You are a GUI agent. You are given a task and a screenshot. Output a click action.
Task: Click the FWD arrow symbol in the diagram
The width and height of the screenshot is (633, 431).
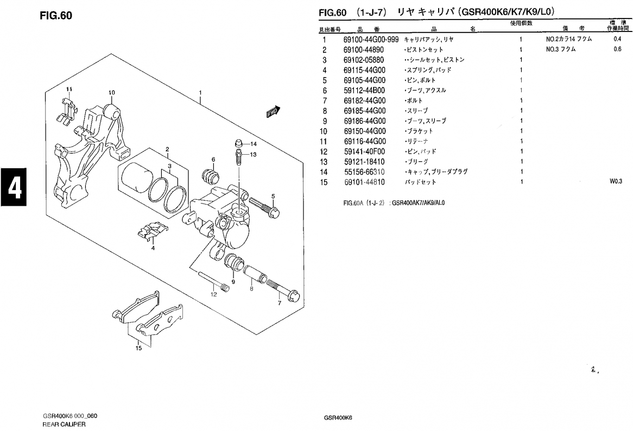(x=273, y=111)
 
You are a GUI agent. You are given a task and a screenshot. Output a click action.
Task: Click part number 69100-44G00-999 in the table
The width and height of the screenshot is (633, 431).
(x=371, y=40)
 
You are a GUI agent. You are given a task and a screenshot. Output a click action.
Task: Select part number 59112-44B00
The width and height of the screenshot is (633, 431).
(x=364, y=91)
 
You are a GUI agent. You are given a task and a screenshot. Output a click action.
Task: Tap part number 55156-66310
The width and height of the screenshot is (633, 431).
(x=364, y=172)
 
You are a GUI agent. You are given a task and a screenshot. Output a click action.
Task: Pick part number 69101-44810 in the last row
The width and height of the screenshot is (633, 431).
(x=364, y=182)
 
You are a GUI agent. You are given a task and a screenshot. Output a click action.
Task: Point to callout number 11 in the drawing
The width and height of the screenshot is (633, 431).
(x=69, y=89)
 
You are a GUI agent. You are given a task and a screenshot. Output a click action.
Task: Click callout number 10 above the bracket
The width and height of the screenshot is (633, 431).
(x=112, y=92)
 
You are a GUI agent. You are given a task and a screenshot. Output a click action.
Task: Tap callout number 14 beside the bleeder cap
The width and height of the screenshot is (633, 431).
(x=253, y=144)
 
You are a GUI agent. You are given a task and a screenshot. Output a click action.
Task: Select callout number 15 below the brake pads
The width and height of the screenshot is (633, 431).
(x=138, y=348)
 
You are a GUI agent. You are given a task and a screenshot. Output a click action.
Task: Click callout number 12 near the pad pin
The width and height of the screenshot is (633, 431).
(x=213, y=294)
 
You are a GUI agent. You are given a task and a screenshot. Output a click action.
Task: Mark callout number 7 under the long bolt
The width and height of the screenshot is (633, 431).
(x=280, y=303)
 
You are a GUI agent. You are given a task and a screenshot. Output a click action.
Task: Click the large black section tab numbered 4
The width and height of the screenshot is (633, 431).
(x=14, y=187)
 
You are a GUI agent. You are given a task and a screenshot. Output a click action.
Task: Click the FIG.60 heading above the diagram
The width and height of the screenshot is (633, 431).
(x=56, y=15)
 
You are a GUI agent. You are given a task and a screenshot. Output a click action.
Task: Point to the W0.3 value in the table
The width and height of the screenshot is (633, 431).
(x=616, y=182)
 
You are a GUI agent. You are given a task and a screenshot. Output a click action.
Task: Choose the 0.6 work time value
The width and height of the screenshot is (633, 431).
(x=617, y=49)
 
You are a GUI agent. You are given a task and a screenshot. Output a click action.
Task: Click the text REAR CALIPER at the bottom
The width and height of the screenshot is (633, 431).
(x=64, y=424)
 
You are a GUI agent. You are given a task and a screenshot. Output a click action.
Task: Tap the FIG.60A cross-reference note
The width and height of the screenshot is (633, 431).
(x=394, y=203)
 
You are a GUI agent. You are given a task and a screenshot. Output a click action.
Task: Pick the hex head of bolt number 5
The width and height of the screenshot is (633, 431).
(x=273, y=212)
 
